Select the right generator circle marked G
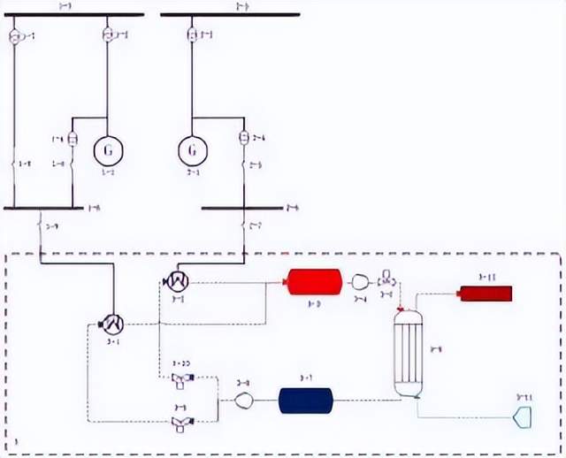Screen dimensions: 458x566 (192, 149)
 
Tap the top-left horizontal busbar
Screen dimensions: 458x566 (79, 15)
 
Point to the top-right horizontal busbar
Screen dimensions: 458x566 (229, 15)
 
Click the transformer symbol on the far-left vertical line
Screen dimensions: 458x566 (14, 37)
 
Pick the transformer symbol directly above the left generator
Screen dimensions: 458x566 (108, 34)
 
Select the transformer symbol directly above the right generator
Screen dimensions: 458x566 (192, 35)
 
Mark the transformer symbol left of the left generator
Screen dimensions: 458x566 (73, 139)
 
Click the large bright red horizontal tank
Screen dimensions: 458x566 (314, 282)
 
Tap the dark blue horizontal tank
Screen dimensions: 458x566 (305, 400)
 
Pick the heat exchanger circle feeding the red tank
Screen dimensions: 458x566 (177, 281)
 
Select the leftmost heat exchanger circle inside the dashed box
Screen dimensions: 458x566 (111, 324)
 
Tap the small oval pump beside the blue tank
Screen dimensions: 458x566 (245, 401)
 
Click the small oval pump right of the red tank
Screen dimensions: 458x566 (360, 282)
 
